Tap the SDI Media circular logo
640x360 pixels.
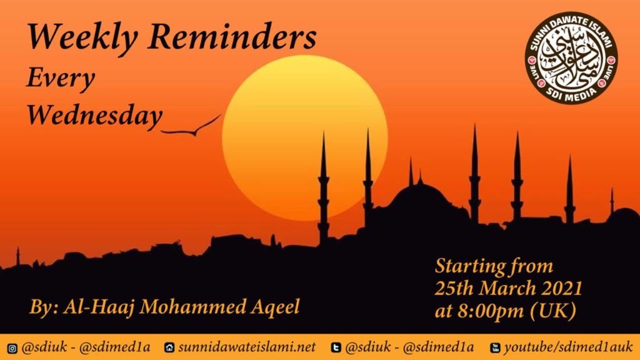571,58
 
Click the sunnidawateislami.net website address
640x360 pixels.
247,347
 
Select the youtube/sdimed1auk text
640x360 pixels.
568,347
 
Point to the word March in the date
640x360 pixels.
502,288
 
